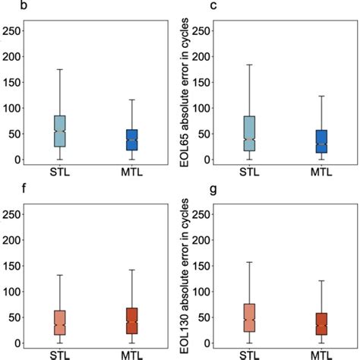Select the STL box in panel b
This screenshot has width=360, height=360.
[59, 131]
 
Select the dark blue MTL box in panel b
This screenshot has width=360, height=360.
[131, 140]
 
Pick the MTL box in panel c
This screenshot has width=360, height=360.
[321, 141]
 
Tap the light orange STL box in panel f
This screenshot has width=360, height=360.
[59, 323]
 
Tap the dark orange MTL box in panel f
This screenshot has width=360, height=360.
[131, 321]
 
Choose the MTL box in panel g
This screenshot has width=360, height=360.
[321, 324]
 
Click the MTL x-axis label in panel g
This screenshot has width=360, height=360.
[321, 353]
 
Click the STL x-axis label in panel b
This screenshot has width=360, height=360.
[59, 171]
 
